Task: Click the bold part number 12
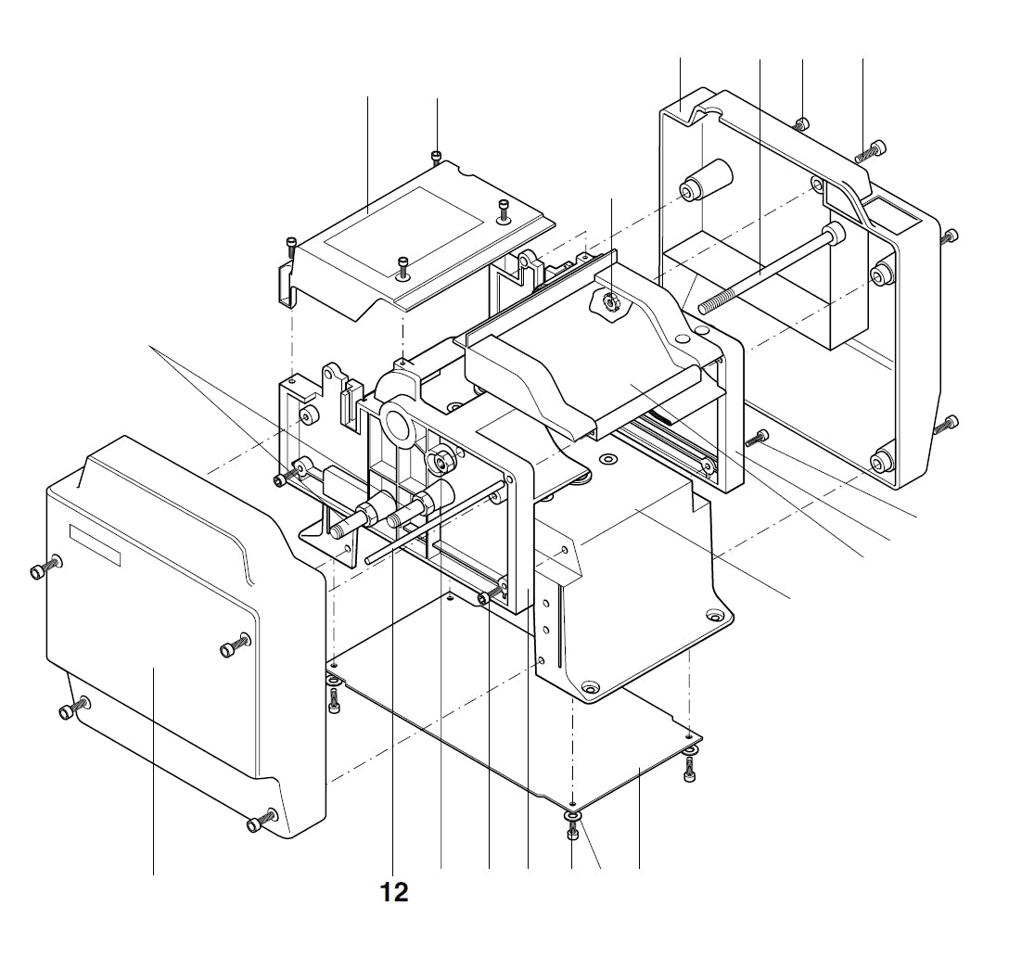(394, 892)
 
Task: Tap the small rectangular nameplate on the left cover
(96, 543)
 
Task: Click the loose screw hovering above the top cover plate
(437, 156)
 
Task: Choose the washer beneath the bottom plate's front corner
(572, 815)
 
